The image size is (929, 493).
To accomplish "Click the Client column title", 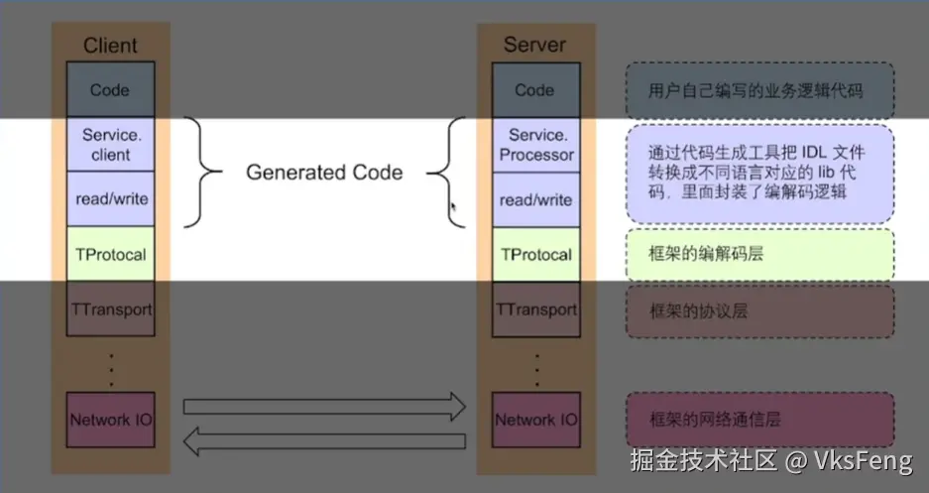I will (x=110, y=45).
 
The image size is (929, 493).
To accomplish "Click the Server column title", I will (x=534, y=45).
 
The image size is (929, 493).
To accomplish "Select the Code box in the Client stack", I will (x=110, y=89).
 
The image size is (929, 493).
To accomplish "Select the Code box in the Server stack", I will (x=534, y=89).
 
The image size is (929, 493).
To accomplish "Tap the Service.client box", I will (x=110, y=145).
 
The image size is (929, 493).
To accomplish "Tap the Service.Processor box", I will (x=535, y=145).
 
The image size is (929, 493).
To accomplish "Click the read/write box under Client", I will (x=110, y=199).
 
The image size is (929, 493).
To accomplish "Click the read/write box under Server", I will (x=535, y=199).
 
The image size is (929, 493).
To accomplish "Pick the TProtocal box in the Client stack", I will (x=110, y=254).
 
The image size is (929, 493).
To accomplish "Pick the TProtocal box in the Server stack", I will (x=535, y=254).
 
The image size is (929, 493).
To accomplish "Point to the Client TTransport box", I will (x=110, y=308).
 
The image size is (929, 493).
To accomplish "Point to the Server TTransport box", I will (x=535, y=308).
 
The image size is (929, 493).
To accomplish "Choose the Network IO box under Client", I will (x=110, y=420).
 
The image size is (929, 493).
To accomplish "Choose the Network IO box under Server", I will (x=535, y=420).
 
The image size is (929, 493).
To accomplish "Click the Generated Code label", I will (x=324, y=173).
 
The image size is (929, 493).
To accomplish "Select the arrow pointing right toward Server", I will (x=324, y=405).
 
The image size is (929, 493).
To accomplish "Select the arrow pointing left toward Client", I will (x=324, y=441).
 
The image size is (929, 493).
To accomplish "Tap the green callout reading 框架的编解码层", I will (x=760, y=255).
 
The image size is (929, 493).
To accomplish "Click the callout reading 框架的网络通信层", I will (x=760, y=420).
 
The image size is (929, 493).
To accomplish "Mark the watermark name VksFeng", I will (x=864, y=461).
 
